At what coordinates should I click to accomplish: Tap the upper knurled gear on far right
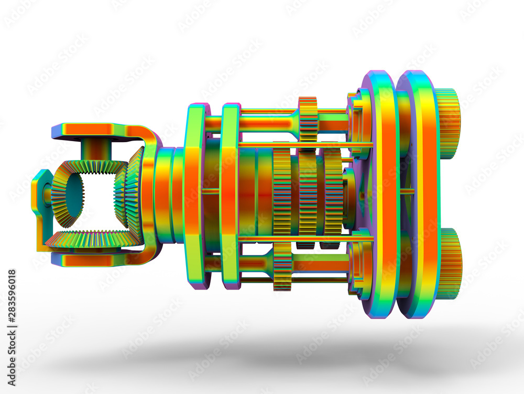448,123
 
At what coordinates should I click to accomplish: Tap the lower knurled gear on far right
450,264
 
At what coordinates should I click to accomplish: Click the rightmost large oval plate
419,194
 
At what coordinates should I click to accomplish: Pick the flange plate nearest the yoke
194,194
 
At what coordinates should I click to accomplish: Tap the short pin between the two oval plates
408,191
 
